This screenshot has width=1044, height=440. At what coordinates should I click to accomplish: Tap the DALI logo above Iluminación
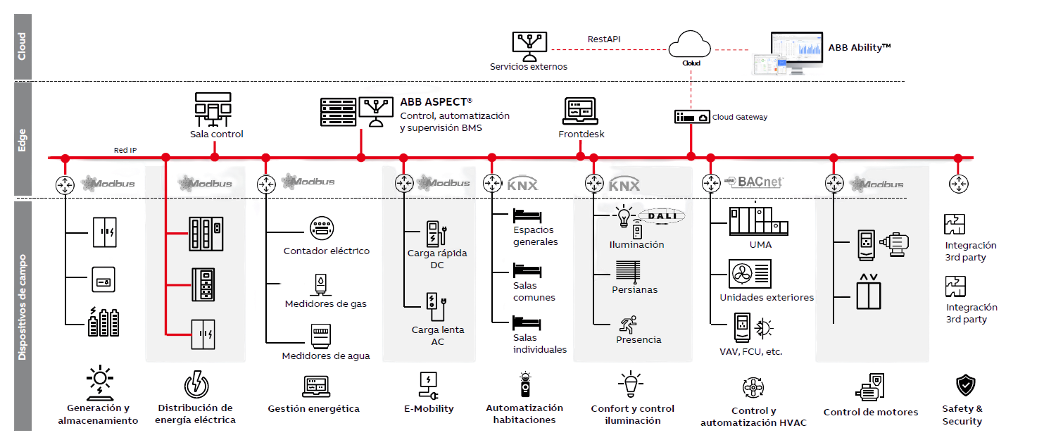click(x=661, y=216)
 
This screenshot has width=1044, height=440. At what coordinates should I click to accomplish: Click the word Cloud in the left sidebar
click(x=22, y=47)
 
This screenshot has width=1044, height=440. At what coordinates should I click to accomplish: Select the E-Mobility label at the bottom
click(x=429, y=408)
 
